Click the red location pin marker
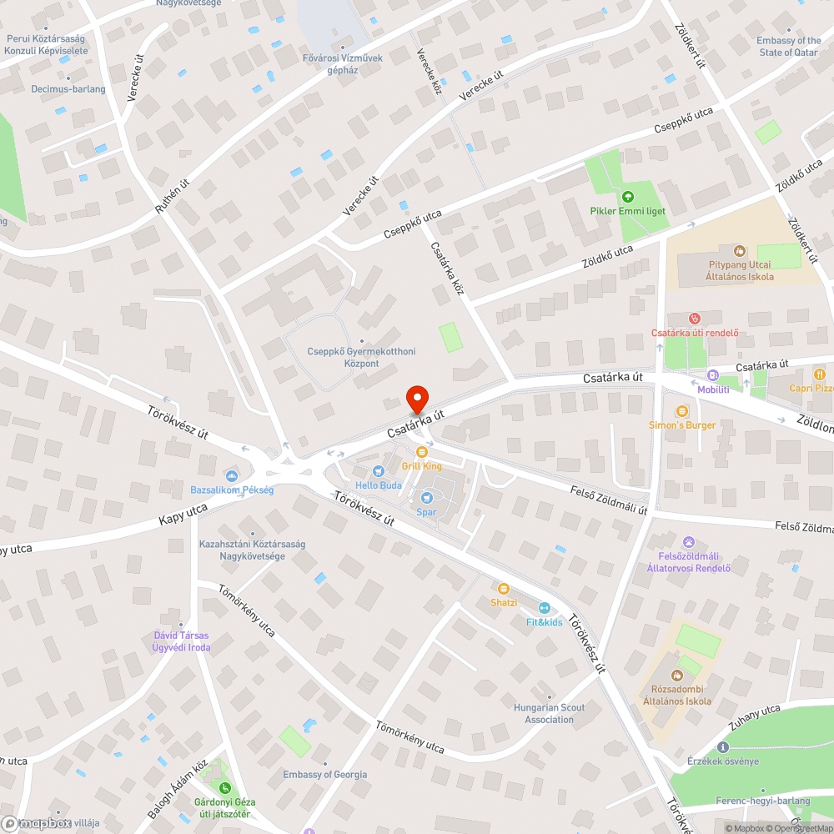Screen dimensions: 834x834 (416, 399)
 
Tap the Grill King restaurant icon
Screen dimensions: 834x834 (421, 452)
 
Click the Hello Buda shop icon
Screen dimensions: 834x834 (378, 471)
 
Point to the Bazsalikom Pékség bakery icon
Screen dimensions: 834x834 (232, 475)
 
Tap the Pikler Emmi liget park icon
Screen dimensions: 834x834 (627, 197)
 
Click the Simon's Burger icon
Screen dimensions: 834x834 (682, 410)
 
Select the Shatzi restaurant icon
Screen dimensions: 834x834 (504, 589)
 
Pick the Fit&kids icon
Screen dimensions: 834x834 (545, 608)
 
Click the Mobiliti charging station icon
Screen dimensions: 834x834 (713, 375)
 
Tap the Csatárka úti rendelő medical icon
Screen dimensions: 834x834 (694, 319)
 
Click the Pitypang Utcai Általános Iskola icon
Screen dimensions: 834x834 (739, 250)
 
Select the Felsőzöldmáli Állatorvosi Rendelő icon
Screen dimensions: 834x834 (688, 542)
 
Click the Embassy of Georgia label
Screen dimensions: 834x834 (325, 774)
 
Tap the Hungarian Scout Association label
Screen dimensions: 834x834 (549, 713)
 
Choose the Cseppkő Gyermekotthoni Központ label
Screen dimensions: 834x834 (361, 358)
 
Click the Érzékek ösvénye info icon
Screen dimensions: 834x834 (723, 747)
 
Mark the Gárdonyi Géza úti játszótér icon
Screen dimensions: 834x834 (224, 788)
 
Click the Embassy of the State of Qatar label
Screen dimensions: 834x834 (789, 46)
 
